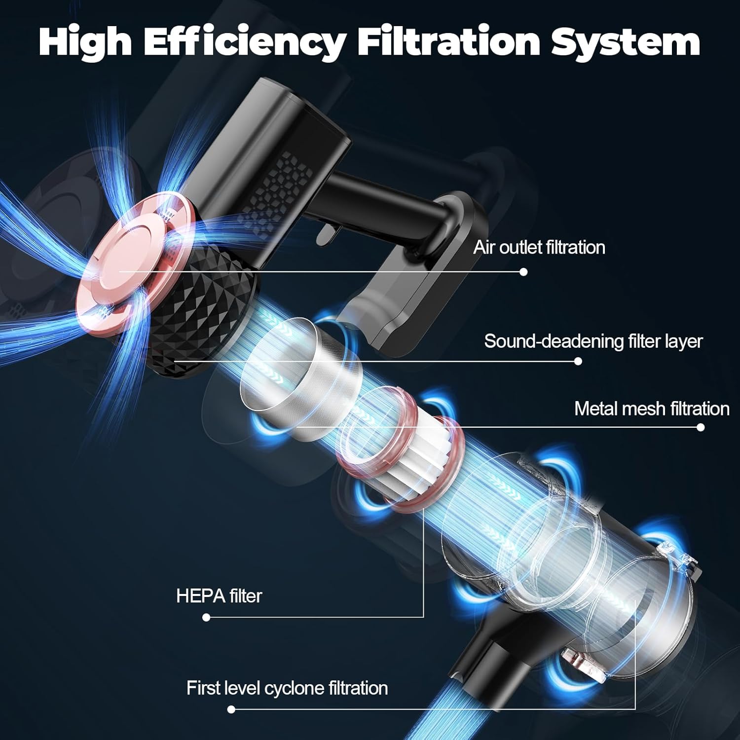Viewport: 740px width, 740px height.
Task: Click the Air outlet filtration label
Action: (x=539, y=247)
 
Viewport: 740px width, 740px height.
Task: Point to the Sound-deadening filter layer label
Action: (x=593, y=341)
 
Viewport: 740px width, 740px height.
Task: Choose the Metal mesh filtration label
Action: (x=652, y=408)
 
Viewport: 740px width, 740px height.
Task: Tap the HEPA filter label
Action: (x=219, y=596)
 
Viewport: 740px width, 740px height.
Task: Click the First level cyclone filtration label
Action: (x=287, y=688)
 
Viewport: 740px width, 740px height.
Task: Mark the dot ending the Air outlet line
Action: (x=523, y=272)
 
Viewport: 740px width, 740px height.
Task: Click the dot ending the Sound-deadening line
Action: (x=578, y=361)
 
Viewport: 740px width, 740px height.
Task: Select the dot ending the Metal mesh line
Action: (x=701, y=427)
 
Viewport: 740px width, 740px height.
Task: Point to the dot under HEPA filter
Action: (x=206, y=617)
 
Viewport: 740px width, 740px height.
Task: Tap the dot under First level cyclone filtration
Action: (x=231, y=709)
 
